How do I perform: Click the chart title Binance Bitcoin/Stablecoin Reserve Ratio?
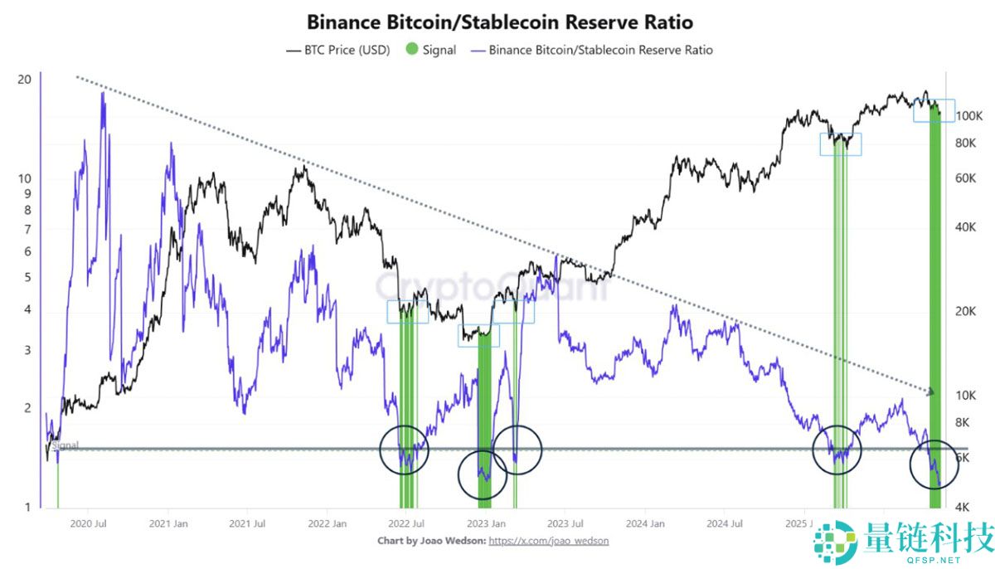click(500, 22)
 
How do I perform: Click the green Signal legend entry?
click(431, 50)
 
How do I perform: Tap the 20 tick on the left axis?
click(25, 80)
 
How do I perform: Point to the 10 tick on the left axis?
click(25, 178)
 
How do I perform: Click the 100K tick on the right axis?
click(968, 117)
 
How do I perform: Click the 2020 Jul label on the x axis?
click(88, 523)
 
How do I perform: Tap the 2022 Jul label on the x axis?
click(406, 523)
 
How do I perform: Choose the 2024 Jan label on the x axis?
click(645, 523)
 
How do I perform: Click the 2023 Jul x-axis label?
click(565, 523)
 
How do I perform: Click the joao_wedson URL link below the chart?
click(549, 541)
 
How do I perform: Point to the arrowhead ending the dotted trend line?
click(932, 391)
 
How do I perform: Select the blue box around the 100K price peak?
click(934, 110)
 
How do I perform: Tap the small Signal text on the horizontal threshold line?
click(66, 445)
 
